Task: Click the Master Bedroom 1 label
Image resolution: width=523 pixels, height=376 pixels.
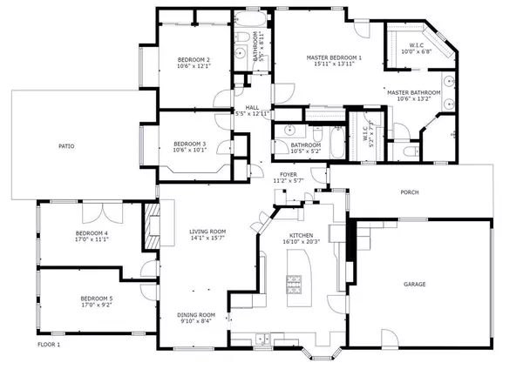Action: click(334, 58)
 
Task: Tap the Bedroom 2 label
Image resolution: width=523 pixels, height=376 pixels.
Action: click(194, 59)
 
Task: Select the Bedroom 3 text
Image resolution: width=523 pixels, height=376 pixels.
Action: click(189, 144)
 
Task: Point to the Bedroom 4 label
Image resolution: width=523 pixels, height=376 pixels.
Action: click(92, 233)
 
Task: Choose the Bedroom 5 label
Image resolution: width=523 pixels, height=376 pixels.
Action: click(97, 299)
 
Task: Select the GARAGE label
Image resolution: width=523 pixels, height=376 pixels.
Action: click(415, 284)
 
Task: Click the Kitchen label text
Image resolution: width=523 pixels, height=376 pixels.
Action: click(301, 235)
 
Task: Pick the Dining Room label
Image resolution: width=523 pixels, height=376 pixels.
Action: click(195, 315)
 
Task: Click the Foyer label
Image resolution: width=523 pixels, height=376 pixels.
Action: click(289, 175)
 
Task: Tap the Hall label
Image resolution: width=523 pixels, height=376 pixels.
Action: click(252, 107)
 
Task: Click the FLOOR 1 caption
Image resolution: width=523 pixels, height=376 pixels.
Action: click(49, 345)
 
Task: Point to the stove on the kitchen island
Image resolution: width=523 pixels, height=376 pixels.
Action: click(295, 282)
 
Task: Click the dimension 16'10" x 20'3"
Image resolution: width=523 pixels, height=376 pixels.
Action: click(301, 243)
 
